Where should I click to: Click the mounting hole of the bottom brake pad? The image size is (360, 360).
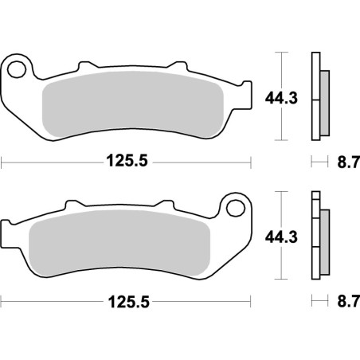(x=234, y=208)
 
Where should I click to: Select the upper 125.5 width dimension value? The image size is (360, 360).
(x=127, y=162)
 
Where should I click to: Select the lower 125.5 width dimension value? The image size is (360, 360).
(x=127, y=303)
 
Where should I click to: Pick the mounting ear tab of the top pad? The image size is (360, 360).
(x=19, y=64)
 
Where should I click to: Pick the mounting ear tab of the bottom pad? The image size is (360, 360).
(x=234, y=205)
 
